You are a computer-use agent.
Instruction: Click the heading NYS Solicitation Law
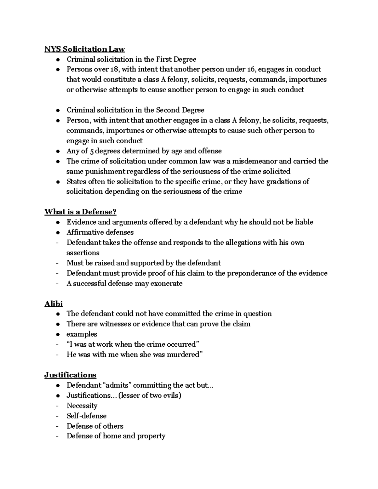tap(84, 49)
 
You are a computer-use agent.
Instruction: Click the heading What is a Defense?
tap(80, 212)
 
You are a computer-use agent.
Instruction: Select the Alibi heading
tap(53, 304)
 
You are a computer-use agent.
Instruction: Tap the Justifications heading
tap(70, 375)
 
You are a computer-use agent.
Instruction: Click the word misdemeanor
tap(255, 161)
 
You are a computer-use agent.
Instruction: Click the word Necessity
tap(82, 406)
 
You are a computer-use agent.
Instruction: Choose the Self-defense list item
tap(87, 416)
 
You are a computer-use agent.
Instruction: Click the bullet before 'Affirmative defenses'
tap(57, 233)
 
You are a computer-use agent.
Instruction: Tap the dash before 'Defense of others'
tap(57, 426)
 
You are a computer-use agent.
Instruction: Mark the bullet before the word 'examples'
tap(57, 334)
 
